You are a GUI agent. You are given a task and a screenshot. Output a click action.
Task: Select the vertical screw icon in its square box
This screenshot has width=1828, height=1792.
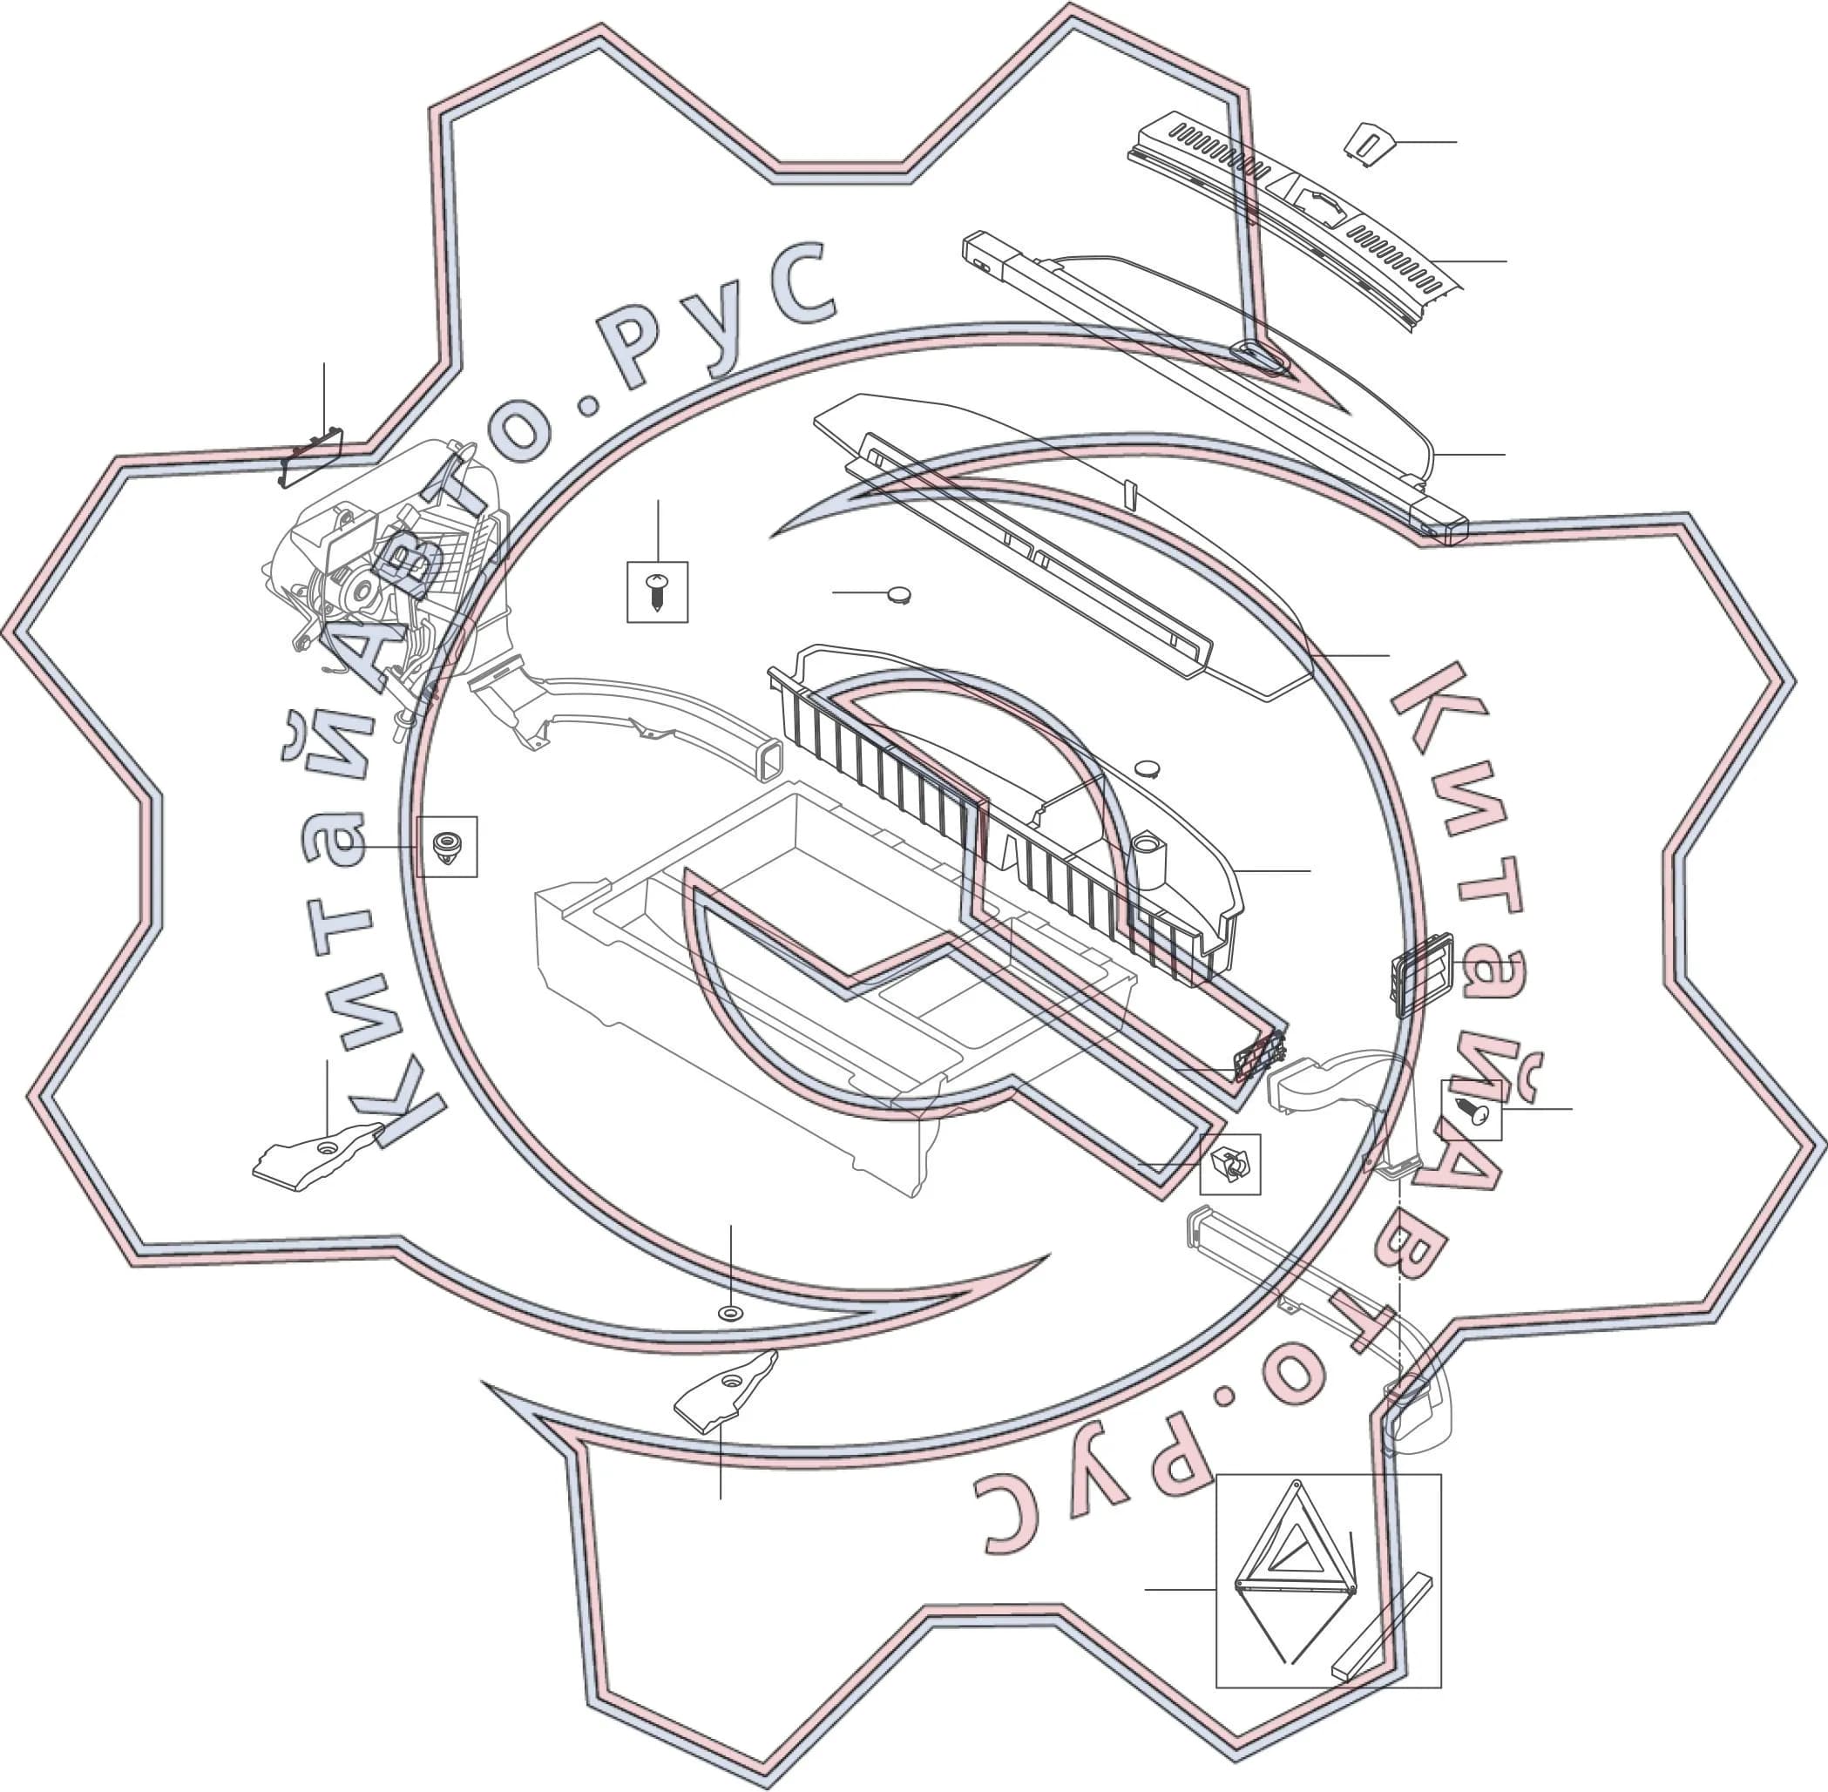(x=657, y=592)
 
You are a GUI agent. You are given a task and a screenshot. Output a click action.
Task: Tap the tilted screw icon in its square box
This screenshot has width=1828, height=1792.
(x=1470, y=1110)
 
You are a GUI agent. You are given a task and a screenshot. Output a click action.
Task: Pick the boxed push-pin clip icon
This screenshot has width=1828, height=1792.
(x=446, y=846)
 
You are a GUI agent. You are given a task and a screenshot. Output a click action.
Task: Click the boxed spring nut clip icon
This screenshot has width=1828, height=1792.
(x=1229, y=1164)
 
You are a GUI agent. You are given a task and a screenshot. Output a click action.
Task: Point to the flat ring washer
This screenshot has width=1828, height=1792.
(x=729, y=1312)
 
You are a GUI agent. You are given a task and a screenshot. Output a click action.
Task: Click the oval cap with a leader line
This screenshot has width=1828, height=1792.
(x=899, y=594)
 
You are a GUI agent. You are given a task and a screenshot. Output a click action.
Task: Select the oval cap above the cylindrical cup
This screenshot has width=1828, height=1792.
(x=1147, y=768)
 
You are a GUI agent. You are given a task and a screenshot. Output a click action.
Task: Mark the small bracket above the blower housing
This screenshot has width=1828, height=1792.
(x=311, y=457)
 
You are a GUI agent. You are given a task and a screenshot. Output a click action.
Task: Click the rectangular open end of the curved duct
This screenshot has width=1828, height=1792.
(x=769, y=759)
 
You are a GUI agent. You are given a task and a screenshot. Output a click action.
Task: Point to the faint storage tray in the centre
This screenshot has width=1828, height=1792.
(x=833, y=979)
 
